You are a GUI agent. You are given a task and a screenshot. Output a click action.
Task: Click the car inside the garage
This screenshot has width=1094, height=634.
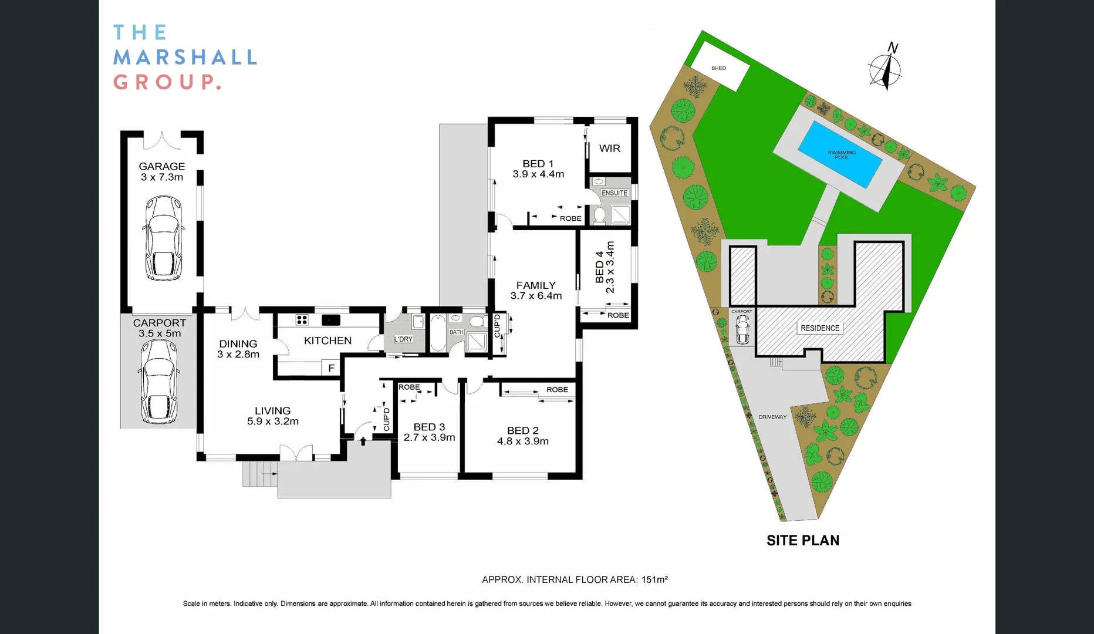[163, 239]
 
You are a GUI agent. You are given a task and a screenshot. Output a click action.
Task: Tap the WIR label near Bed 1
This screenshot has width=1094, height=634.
[609, 149]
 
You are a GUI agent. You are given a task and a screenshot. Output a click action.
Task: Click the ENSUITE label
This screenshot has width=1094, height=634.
[614, 193]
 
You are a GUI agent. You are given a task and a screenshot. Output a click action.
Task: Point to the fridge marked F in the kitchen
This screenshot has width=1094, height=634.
[331, 368]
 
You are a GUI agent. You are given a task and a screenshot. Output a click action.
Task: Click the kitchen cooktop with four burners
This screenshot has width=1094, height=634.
[302, 320]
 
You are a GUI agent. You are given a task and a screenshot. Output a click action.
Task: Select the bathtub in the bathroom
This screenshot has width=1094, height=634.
[438, 333]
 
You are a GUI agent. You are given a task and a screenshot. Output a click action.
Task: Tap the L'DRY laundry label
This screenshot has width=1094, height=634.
[403, 339]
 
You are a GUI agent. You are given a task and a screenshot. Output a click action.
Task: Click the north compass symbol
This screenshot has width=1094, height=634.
[885, 69]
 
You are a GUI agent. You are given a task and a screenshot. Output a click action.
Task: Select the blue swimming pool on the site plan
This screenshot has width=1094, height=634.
[841, 154]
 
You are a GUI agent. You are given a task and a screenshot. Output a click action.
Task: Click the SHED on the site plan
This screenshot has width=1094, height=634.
[719, 68]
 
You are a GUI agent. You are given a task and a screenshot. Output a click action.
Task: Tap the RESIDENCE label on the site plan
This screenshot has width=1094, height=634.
[820, 328]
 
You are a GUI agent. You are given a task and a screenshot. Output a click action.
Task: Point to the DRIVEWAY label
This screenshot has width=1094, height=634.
[772, 417]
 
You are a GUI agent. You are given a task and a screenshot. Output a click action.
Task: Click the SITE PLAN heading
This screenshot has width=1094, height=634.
[802, 541]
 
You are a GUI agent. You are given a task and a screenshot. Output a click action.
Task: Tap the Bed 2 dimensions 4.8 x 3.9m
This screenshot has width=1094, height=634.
[522, 441]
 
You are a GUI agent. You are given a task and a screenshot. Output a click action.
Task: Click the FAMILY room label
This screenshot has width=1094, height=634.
[535, 285]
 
